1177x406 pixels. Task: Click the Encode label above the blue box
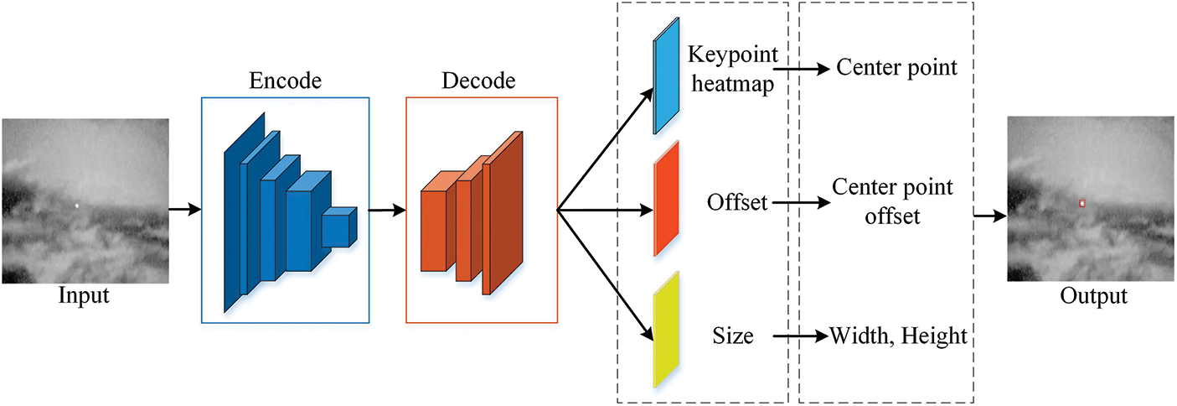285,81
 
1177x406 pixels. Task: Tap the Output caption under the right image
1093,296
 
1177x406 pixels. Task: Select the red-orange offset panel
666,199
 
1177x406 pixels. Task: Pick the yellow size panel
666,329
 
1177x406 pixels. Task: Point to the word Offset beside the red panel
737,202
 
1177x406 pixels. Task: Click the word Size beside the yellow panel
732,337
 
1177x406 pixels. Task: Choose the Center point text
896,67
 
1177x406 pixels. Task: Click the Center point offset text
892,201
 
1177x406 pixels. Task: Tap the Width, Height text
899,337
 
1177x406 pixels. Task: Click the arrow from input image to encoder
185,209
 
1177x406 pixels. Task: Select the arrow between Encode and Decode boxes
387,211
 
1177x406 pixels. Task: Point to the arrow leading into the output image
989,216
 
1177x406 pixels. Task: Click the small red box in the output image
1082,203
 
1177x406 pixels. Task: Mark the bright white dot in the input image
77,205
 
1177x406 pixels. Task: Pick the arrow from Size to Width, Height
800,337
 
